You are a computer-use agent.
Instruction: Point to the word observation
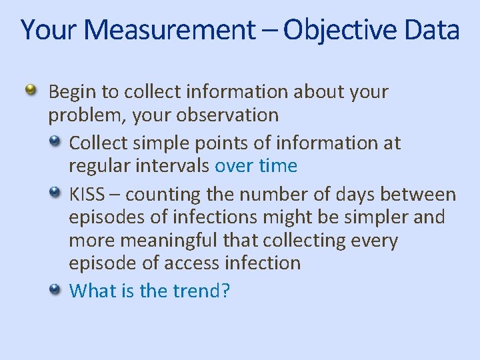tap(227, 115)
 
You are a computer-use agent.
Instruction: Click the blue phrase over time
tap(256, 165)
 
